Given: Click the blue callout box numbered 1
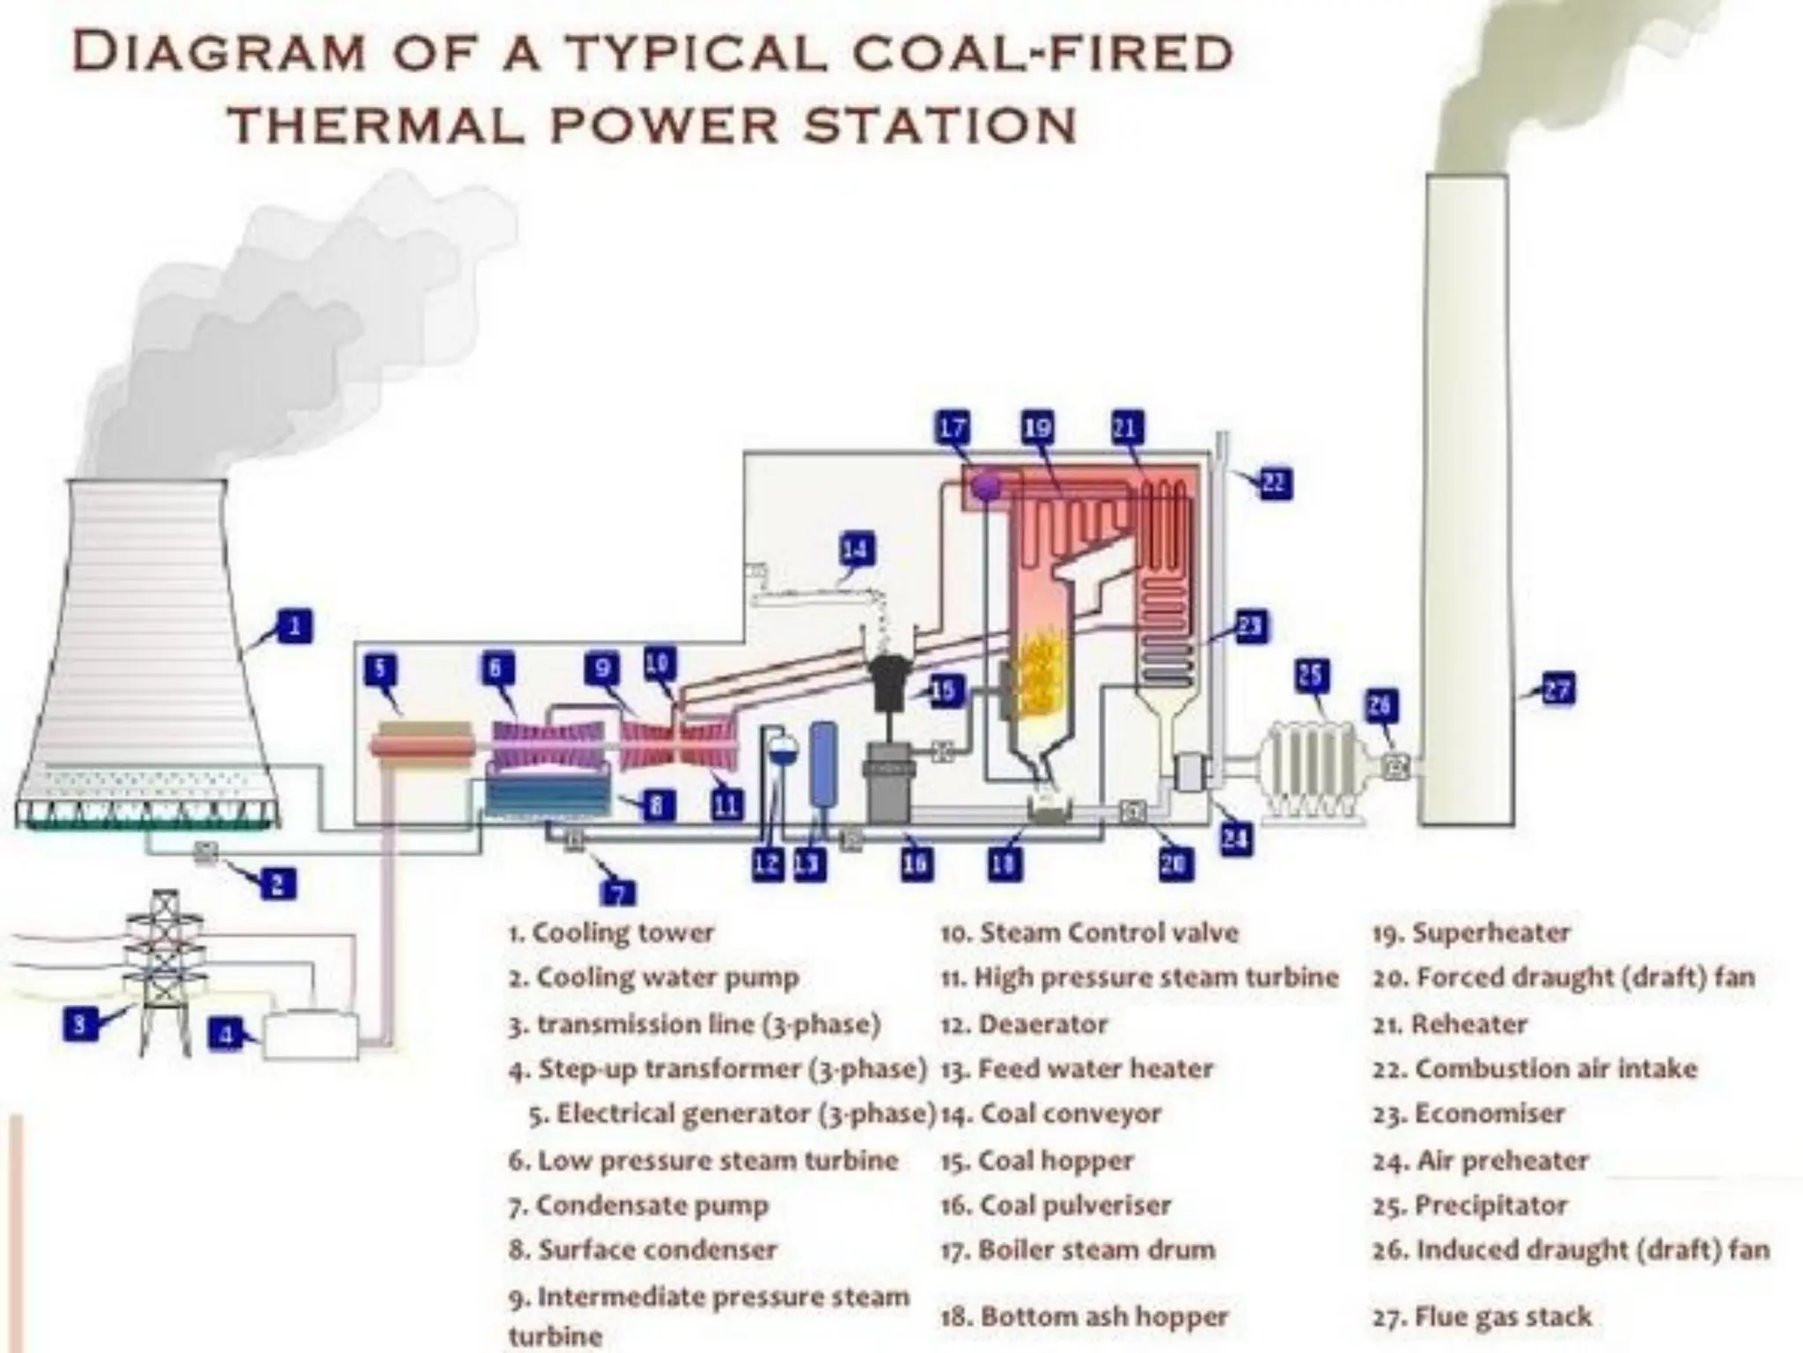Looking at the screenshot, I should pyautogui.click(x=294, y=626).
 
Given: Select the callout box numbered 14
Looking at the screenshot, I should pyautogui.click(x=856, y=550).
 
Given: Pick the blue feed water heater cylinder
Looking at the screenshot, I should pyautogui.click(x=823, y=764).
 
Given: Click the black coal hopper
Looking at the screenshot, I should pyautogui.click(x=892, y=683).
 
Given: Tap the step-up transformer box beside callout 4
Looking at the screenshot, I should pyautogui.click(x=312, y=1034).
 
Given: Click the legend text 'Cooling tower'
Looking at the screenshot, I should pyautogui.click(x=622, y=932).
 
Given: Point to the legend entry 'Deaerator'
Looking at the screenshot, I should pyautogui.click(x=1042, y=1024).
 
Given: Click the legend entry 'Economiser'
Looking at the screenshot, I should pyautogui.click(x=1489, y=1113).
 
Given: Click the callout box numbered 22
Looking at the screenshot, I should pyautogui.click(x=1275, y=483).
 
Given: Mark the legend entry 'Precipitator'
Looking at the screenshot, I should pyautogui.click(x=1490, y=1204).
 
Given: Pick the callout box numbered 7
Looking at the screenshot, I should pyautogui.click(x=617, y=892).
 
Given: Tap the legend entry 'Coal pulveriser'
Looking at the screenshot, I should pyautogui.click(x=1074, y=1204).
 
